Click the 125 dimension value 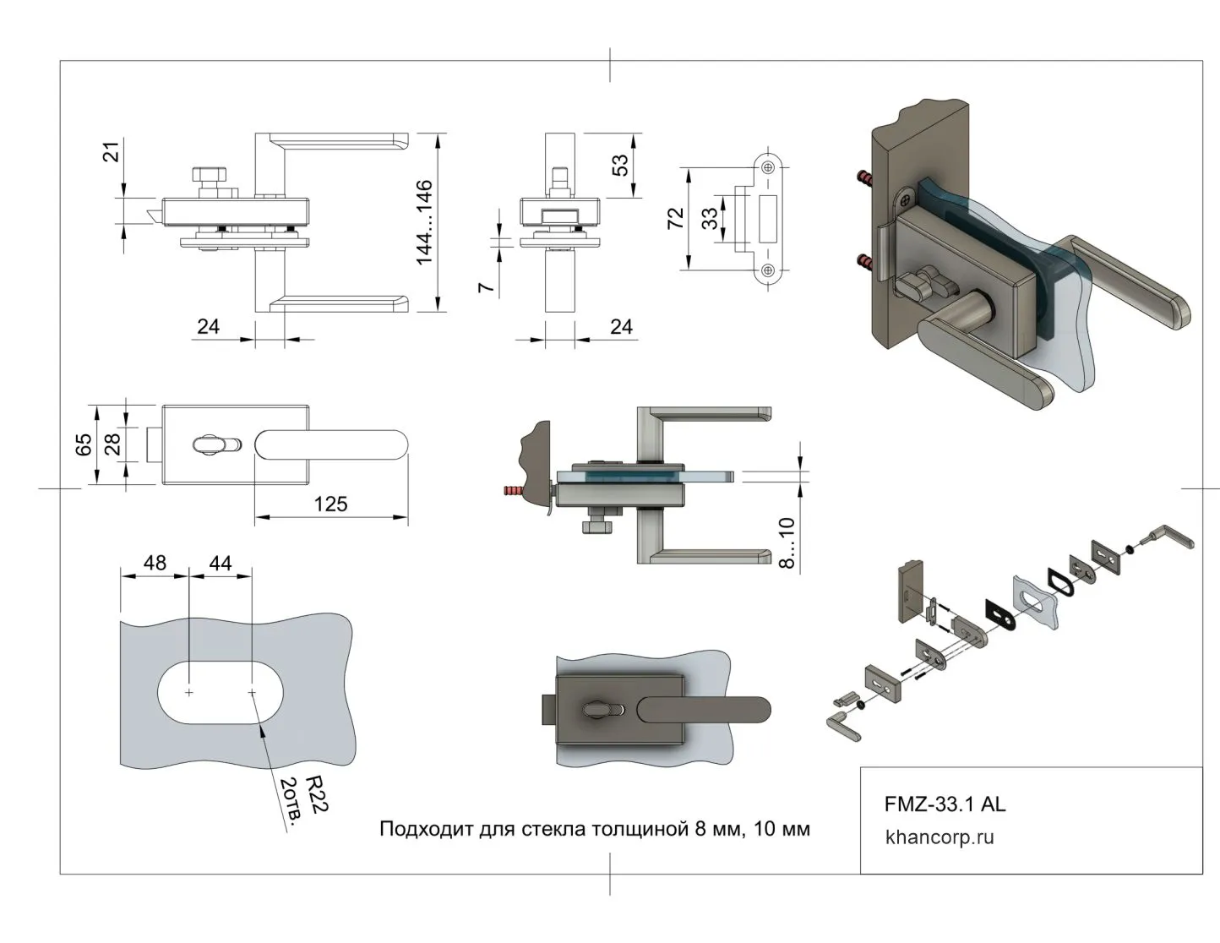click(x=330, y=504)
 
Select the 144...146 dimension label click(x=424, y=221)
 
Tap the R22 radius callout click(x=316, y=794)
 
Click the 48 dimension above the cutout click(x=155, y=563)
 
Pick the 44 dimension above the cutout click(x=220, y=563)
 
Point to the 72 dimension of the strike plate click(x=675, y=219)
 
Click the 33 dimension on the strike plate click(x=711, y=219)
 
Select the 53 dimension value click(x=620, y=165)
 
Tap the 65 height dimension click(x=84, y=444)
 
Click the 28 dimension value click(x=112, y=443)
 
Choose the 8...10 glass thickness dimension click(x=787, y=542)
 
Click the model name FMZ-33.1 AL click(x=945, y=804)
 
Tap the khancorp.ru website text click(x=940, y=837)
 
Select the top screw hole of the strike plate click(x=768, y=167)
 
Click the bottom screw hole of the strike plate click(x=768, y=270)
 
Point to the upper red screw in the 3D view click(x=865, y=177)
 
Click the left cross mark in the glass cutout click(x=188, y=693)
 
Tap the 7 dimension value click(x=486, y=287)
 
